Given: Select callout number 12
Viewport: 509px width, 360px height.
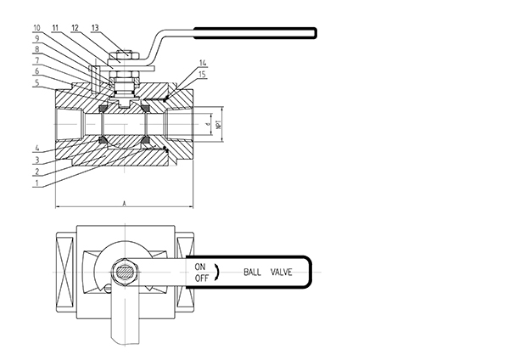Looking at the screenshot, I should (x=76, y=28).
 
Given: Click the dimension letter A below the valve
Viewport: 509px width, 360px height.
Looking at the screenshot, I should (x=125, y=204).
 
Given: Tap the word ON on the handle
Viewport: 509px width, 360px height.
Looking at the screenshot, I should (x=200, y=267).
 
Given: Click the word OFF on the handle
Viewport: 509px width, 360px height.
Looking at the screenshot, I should (x=201, y=278).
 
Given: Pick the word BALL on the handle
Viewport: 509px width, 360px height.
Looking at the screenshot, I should (x=253, y=273).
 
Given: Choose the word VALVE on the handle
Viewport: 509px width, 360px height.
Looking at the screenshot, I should (x=281, y=273).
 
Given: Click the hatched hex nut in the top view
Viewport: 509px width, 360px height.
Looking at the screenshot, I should (x=124, y=273).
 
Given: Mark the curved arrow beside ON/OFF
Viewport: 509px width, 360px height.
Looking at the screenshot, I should (x=216, y=273).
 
